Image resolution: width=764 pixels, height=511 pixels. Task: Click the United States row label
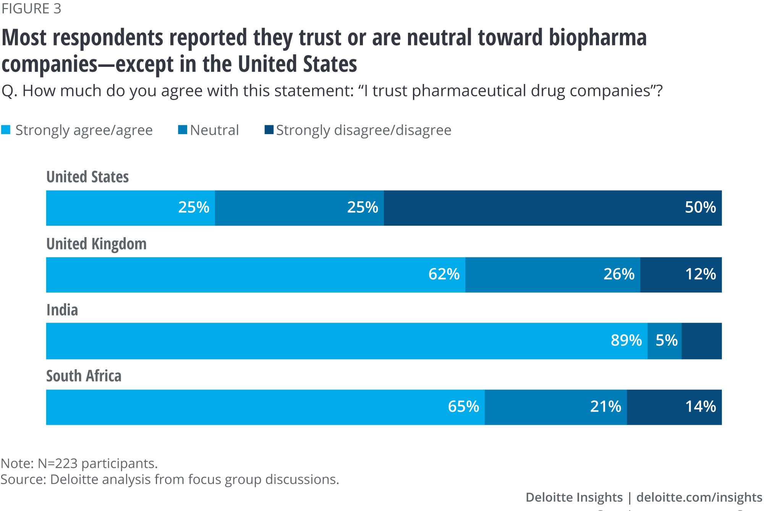[87, 177]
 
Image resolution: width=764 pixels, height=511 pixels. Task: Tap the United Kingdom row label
[96, 244]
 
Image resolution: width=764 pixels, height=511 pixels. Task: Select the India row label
[62, 310]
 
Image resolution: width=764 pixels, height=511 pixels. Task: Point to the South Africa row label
[84, 376]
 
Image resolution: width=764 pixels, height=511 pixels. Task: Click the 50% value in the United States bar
[700, 207]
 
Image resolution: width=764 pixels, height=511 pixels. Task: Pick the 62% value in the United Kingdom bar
[444, 274]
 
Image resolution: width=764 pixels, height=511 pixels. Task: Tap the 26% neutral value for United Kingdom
[619, 274]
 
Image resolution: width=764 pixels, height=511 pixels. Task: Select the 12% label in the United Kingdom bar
[700, 274]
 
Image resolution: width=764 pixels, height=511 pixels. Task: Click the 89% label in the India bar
[626, 340]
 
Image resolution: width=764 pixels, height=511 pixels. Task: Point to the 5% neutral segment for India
[666, 340]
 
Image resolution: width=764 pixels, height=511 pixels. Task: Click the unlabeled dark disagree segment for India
[702, 341]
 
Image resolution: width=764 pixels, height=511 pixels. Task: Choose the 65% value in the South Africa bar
[463, 407]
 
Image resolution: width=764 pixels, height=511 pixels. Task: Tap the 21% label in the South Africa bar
[605, 407]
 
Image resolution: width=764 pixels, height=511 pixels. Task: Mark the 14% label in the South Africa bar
[700, 407]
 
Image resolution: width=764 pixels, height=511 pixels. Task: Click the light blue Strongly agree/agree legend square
[6, 130]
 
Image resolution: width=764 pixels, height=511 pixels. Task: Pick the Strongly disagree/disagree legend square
[269, 130]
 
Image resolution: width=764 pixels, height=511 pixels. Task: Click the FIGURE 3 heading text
[31, 9]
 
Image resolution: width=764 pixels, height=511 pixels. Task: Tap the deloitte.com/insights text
[699, 497]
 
